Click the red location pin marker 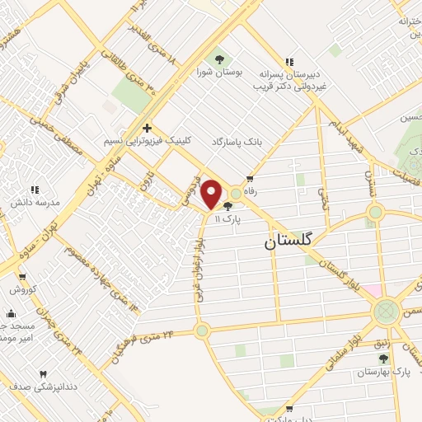pyautogui.click(x=211, y=194)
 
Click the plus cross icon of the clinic pyautogui.click(x=147, y=128)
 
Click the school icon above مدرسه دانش pyautogui.click(x=35, y=190)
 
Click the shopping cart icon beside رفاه pyautogui.click(x=250, y=179)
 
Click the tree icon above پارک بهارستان pyautogui.click(x=382, y=359)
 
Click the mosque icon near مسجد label pyautogui.click(x=10, y=314)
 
